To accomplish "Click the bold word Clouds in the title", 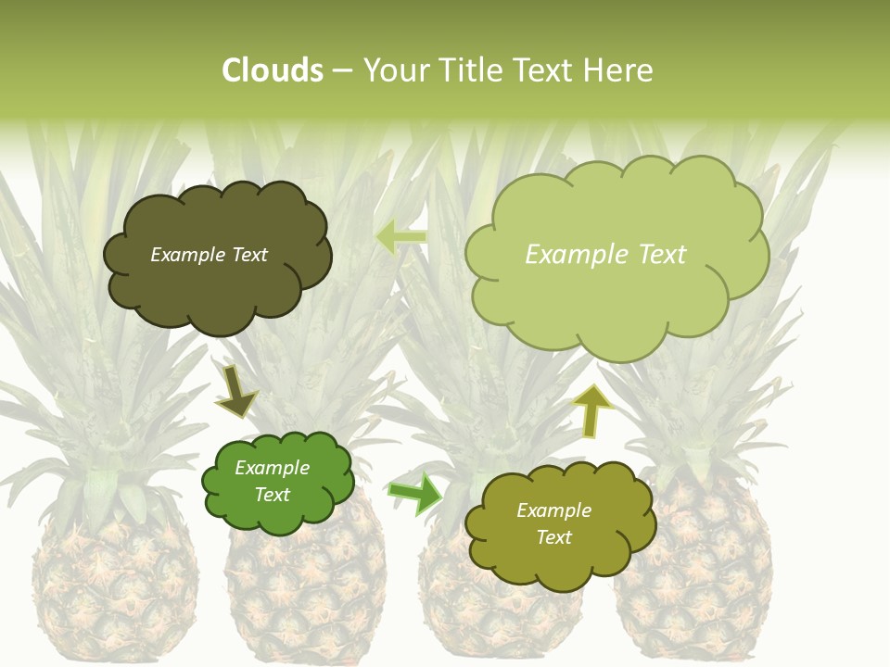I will [273, 70].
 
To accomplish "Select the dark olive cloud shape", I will [216, 255].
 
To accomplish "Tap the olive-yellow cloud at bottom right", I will [558, 524].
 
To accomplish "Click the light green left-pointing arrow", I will [401, 237].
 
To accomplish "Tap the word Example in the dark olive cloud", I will [184, 255].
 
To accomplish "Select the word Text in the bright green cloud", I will [273, 495].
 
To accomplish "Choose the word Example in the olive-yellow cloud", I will [553, 510].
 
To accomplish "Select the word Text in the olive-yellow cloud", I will [553, 537].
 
